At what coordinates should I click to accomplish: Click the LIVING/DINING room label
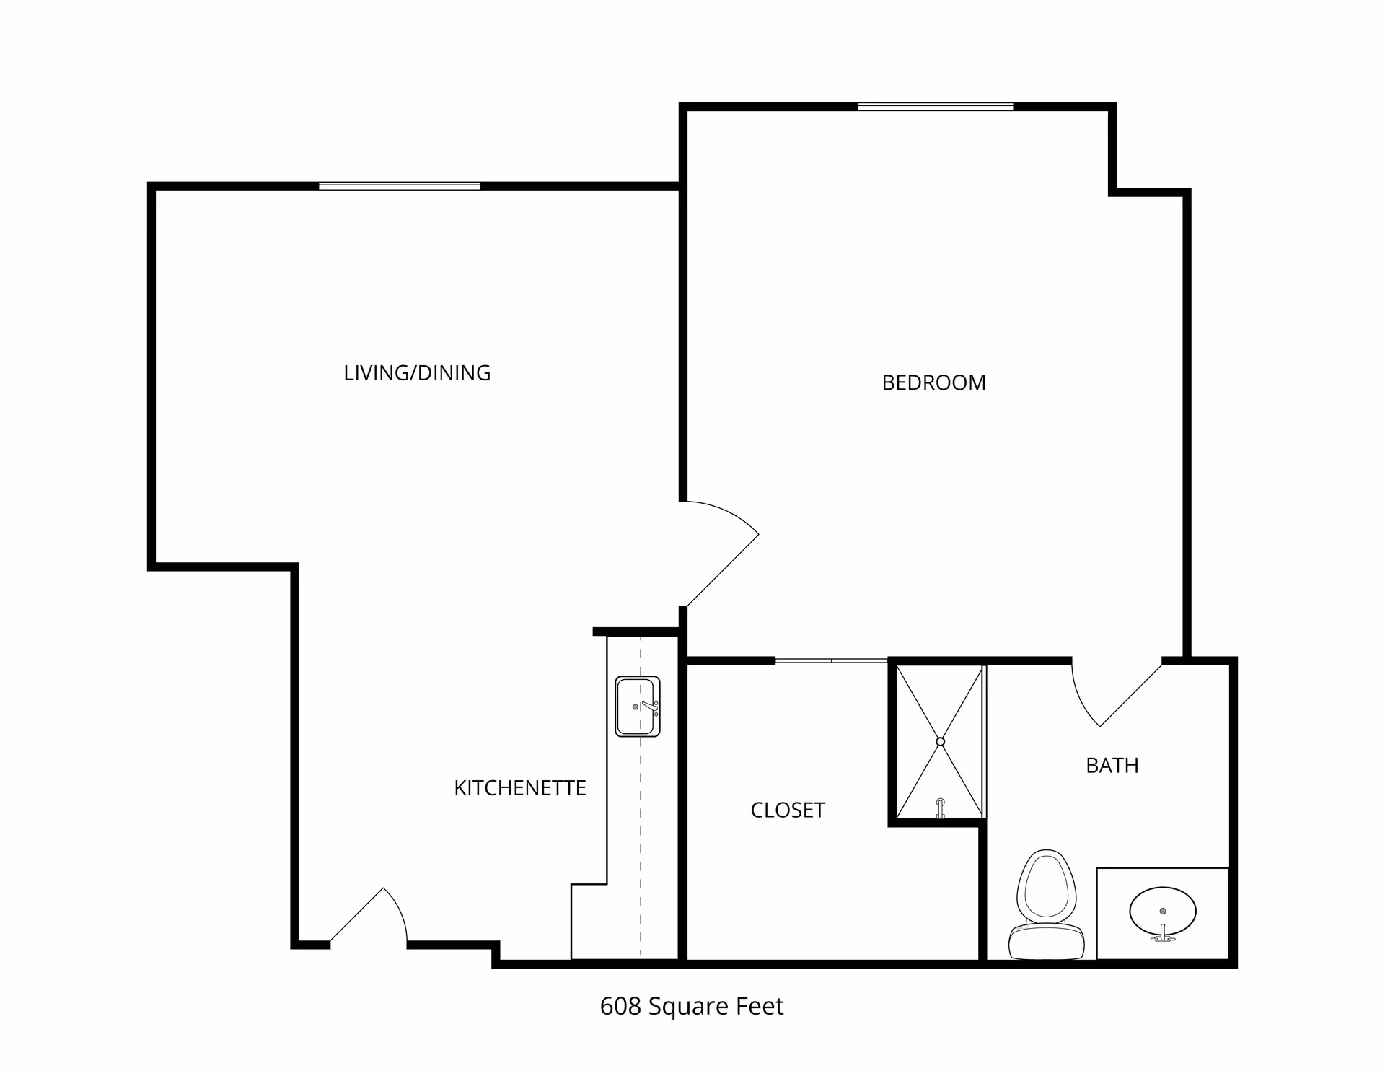coord(417,373)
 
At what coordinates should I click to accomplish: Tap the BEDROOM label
coord(933,382)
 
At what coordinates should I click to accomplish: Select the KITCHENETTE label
coord(519,788)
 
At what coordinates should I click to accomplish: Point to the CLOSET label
coord(788,810)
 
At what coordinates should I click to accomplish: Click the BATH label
coord(1112,765)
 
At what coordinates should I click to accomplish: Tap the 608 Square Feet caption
coord(691,1006)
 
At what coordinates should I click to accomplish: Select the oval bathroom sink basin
coord(1162,910)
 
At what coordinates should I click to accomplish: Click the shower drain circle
coord(940,742)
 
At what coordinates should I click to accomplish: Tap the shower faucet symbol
coord(940,807)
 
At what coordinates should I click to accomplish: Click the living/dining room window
coord(400,186)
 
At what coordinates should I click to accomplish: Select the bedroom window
coord(935,108)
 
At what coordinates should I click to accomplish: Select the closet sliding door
coord(831,660)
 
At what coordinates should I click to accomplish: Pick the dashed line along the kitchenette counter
coord(641,830)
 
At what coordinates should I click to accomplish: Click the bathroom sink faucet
coord(1162,934)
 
